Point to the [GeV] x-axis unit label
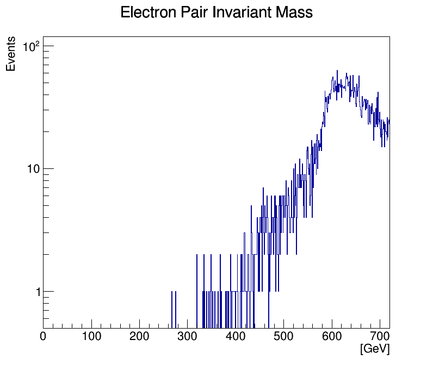(x=375, y=349)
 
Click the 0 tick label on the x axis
(x=44, y=337)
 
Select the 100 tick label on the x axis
(x=91, y=337)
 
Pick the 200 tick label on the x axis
(x=140, y=337)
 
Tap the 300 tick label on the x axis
(x=188, y=337)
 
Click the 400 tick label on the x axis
(x=236, y=337)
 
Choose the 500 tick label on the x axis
(x=284, y=337)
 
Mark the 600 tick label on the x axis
(x=332, y=337)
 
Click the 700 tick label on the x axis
(x=380, y=337)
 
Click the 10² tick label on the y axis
(x=30, y=47)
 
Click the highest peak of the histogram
(x=337, y=71)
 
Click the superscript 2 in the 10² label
(x=38, y=43)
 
